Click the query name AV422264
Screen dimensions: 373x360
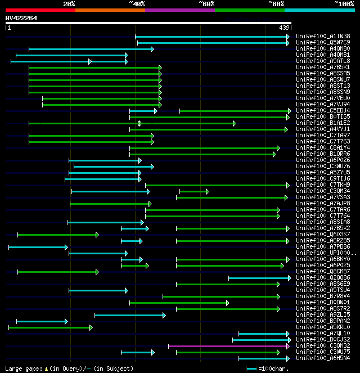(21, 18)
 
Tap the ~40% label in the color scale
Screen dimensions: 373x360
(137, 4)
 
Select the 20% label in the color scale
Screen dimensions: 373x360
(69, 4)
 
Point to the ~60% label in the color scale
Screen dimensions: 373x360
(206, 4)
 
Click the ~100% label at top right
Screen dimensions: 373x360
(344, 4)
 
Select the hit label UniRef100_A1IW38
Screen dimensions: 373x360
(322, 36)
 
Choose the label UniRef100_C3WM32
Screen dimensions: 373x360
(322, 345)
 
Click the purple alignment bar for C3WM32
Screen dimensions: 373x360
(228, 345)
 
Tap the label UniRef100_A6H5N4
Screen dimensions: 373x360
(322, 358)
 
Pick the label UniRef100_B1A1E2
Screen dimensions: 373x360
(322, 123)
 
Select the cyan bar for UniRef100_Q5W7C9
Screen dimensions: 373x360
(213, 42)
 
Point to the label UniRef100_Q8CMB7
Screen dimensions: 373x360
(322, 271)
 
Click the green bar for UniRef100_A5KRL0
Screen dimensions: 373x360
(49, 327)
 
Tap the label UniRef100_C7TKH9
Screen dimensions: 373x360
(322, 185)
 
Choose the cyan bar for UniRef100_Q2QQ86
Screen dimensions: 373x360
(259, 277)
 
